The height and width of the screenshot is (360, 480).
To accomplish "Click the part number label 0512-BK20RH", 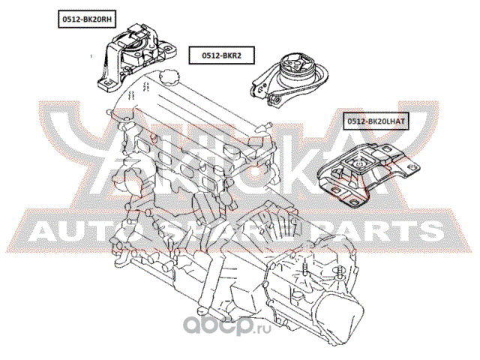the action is coord(87,19).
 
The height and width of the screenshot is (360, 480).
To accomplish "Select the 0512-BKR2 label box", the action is coord(222,55).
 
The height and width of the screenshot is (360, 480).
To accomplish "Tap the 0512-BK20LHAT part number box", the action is coord(376,121).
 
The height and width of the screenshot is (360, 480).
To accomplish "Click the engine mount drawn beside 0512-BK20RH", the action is coord(135,57).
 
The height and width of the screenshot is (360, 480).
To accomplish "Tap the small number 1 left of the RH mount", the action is coord(91,56).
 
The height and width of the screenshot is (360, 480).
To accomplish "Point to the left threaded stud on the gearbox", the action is coord(305,270).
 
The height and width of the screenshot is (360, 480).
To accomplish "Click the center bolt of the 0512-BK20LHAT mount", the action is coord(358,164).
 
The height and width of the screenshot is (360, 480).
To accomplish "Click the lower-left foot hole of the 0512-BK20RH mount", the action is coord(106,83).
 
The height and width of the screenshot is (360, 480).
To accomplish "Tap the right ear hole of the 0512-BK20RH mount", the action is coord(167,48).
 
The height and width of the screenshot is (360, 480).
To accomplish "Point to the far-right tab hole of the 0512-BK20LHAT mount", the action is coord(412,167).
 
